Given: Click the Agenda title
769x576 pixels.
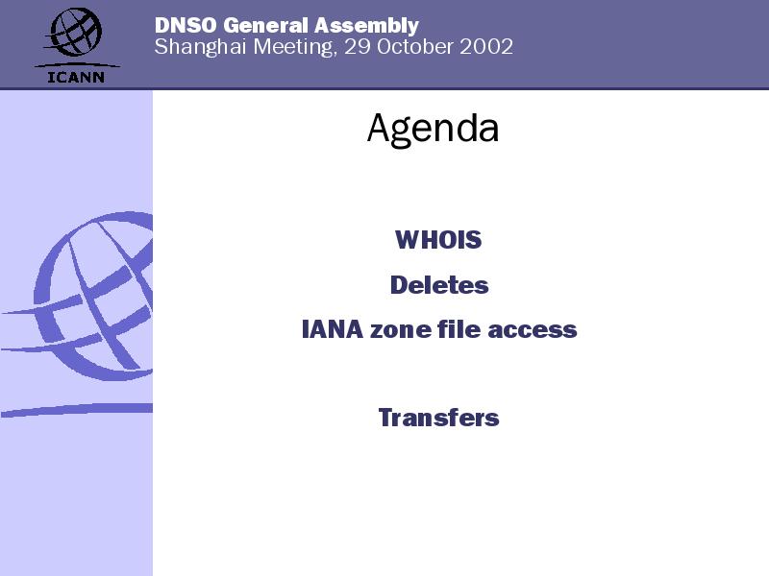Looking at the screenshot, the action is pos(434,129).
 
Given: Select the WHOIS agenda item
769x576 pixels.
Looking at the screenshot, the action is pos(438,240).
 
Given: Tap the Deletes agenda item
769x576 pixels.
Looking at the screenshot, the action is pos(439,285).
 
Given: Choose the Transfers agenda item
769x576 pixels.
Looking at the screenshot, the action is pos(439,418).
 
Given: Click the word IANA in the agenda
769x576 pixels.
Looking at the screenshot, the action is pos(332,329).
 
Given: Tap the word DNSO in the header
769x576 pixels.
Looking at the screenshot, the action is pos(186,26).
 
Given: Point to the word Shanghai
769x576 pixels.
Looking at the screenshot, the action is pos(200,47).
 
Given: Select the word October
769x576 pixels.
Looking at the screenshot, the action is pos(415,47).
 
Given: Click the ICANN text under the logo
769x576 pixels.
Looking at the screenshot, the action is pos(76,77).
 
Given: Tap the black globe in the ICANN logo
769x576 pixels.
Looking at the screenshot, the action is pos(75,32).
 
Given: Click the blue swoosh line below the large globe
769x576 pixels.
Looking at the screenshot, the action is pos(77,410).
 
